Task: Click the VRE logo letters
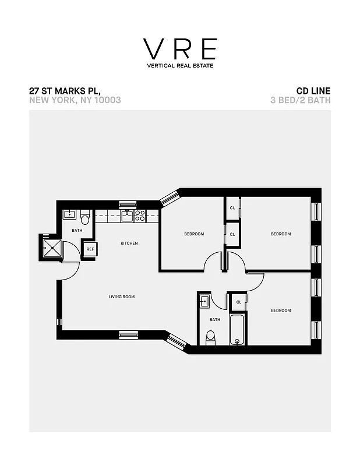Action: [180, 49]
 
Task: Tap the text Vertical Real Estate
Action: [180, 65]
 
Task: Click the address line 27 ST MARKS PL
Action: [65, 91]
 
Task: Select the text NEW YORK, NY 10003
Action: [75, 100]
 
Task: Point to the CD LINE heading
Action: [313, 91]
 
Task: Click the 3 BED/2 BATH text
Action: [301, 100]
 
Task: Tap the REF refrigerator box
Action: [90, 249]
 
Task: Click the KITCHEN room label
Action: [129, 243]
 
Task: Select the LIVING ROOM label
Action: [122, 296]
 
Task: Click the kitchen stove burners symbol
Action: [140, 215]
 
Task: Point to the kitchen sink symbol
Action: [127, 215]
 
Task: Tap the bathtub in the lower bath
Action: [237, 330]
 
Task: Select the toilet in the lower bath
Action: [211, 337]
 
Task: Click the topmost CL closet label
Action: [232, 208]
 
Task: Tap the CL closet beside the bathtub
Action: [239, 302]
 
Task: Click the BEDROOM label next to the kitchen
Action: [194, 234]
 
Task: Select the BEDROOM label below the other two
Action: [281, 310]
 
